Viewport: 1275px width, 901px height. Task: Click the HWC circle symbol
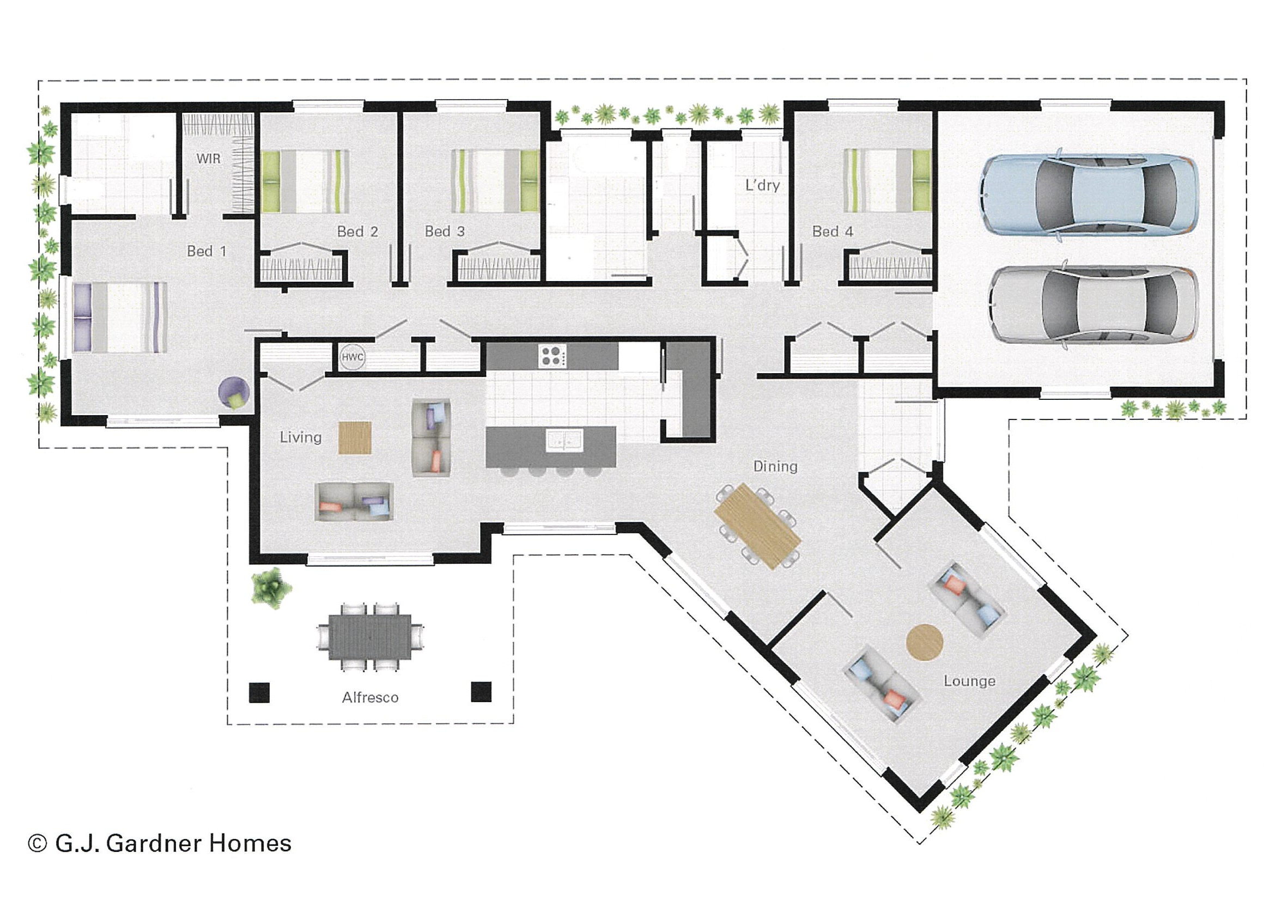352,357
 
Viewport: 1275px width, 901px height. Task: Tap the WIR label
208,159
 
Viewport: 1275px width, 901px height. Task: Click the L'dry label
762,185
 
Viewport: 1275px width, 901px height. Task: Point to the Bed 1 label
207,252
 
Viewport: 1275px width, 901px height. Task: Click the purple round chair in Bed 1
234,393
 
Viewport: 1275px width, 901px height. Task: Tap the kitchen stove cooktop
552,356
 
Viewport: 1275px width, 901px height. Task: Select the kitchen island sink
564,440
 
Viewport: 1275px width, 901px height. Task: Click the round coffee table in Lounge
925,642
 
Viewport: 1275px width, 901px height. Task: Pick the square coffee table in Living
355,438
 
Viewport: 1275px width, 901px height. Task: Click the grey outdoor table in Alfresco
370,636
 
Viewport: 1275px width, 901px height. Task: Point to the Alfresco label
371,698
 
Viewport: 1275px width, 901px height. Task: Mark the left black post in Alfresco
259,692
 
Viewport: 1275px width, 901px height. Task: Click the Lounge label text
969,681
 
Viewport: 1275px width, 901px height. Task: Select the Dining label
775,466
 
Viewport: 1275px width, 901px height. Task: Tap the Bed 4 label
833,232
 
